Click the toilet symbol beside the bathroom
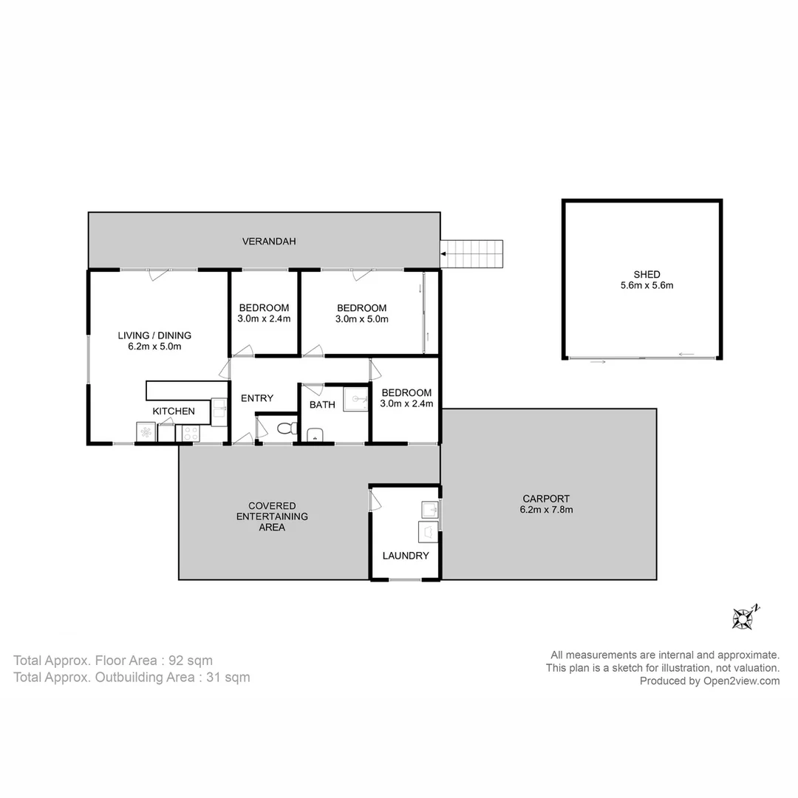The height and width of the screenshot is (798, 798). pyautogui.click(x=285, y=428)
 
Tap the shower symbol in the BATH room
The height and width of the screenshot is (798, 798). pyautogui.click(x=355, y=399)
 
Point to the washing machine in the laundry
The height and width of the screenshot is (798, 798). pyautogui.click(x=429, y=532)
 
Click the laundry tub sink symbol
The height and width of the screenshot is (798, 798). pyautogui.click(x=429, y=509)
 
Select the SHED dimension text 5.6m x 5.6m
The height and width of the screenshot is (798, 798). pyautogui.click(x=647, y=285)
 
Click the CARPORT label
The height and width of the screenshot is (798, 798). pyautogui.click(x=546, y=498)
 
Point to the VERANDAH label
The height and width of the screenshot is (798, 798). pyautogui.click(x=269, y=241)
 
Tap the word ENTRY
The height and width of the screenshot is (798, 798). pyautogui.click(x=257, y=398)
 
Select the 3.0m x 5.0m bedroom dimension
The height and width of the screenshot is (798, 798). pyautogui.click(x=361, y=319)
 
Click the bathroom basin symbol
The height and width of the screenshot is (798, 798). pyautogui.click(x=315, y=434)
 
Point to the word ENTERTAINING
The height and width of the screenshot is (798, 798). pyautogui.click(x=271, y=516)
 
